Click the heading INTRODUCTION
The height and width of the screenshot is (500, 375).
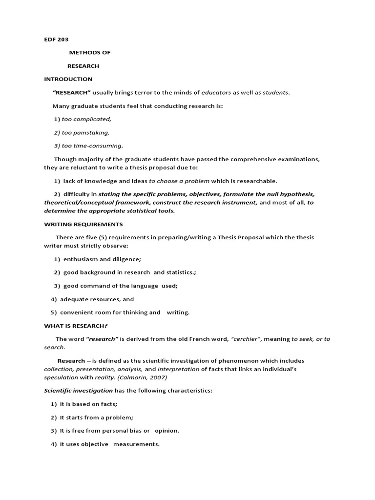click(x=68, y=79)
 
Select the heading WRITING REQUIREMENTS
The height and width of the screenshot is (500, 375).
click(x=83, y=224)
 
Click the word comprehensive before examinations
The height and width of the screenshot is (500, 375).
click(x=250, y=159)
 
